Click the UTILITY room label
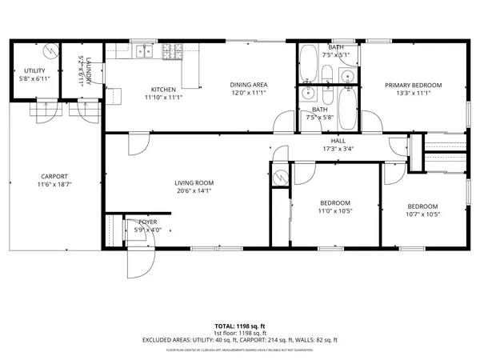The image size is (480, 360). [x=34, y=71]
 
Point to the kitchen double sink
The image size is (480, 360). [x=145, y=51]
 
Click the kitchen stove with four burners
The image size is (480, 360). [x=173, y=51]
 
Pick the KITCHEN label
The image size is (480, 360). [x=164, y=89]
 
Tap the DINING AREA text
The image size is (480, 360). [x=248, y=85]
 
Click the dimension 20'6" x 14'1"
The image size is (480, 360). [x=194, y=191]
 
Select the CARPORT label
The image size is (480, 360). [x=54, y=176]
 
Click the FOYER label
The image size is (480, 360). [x=147, y=222]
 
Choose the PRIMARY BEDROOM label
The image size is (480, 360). [x=413, y=85]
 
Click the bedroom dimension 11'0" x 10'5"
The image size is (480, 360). [x=334, y=211]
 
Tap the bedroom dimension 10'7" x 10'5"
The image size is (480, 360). [x=422, y=214]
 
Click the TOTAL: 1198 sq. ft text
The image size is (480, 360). [x=240, y=326]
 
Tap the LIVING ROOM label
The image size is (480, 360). [x=194, y=182]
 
